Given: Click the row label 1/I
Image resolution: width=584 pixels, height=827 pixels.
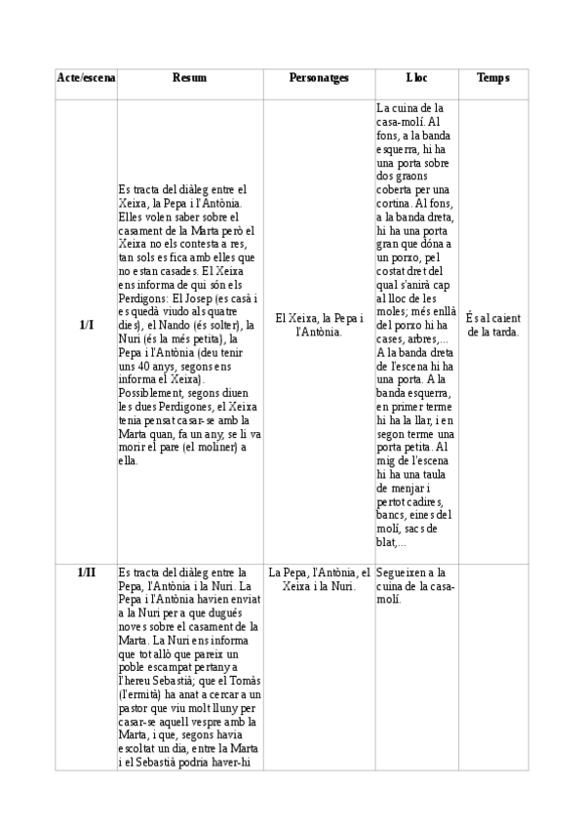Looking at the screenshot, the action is coord(86,324).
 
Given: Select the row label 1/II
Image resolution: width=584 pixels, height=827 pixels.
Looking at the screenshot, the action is coord(86,572).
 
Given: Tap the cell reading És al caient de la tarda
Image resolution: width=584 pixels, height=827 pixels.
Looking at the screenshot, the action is coord(492,324).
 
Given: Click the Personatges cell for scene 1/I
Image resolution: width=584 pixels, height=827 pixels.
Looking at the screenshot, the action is coord(319,324).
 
